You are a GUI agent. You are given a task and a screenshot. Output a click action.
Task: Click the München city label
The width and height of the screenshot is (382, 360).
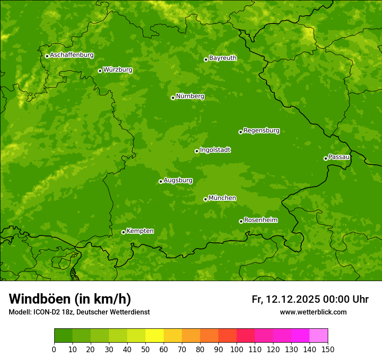click(x=222, y=198)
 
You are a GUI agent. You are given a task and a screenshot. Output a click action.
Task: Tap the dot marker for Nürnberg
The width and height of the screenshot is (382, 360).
click(x=173, y=98)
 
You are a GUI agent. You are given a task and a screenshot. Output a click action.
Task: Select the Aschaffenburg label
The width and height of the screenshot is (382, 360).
click(x=72, y=55)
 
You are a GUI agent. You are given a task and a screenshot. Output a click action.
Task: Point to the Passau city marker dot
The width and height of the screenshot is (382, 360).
click(x=326, y=158)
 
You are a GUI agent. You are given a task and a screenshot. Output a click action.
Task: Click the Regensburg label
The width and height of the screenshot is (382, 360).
click(x=261, y=131)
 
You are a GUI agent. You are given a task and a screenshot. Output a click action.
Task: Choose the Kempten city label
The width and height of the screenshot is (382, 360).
click(x=140, y=231)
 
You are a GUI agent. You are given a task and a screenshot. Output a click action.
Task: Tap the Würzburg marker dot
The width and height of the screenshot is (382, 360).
click(x=100, y=71)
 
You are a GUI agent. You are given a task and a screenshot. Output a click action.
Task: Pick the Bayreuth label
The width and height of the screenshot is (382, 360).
click(x=223, y=58)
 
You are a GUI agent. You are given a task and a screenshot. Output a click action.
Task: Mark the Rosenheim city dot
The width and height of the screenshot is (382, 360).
click(x=241, y=221)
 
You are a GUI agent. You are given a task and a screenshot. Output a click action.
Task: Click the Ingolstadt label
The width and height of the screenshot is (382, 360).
click(x=215, y=150)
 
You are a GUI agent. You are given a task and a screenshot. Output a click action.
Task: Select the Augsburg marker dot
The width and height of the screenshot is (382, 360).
click(x=161, y=181)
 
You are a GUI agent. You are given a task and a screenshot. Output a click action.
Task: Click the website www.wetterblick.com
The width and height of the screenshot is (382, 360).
click(x=313, y=312)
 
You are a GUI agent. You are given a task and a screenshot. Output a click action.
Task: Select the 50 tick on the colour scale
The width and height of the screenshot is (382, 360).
click(x=145, y=349)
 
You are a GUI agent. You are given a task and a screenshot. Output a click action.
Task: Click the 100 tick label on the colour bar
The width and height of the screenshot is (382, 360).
click(x=236, y=349)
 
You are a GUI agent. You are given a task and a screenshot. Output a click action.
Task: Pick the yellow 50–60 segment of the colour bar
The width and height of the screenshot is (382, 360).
click(x=154, y=336)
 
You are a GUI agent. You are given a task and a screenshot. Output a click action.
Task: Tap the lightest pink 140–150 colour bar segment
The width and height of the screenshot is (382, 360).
click(x=318, y=336)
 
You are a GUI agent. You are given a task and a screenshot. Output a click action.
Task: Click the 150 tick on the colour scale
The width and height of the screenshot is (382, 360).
click(x=328, y=349)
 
